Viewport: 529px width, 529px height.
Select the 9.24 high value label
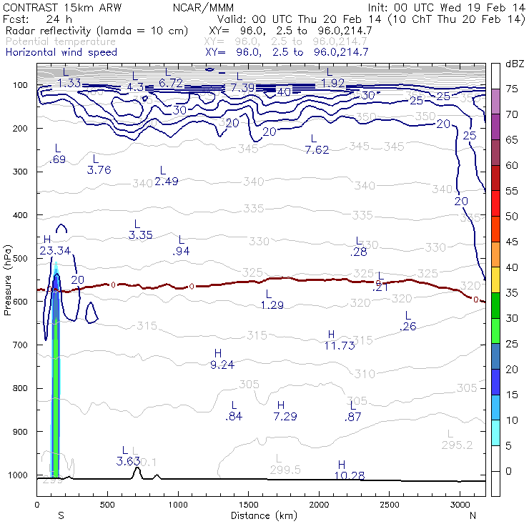[x=223, y=365]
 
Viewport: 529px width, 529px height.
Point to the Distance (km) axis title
[x=261, y=515]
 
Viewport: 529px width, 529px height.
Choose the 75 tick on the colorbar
[x=512, y=89]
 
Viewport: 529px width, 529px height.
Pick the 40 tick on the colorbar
[x=512, y=267]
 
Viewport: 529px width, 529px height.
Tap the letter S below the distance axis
[x=61, y=515]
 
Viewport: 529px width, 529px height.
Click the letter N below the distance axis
[x=473, y=515]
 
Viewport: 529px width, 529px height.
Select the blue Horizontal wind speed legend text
[x=61, y=52]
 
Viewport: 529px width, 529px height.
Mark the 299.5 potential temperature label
[x=286, y=470]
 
